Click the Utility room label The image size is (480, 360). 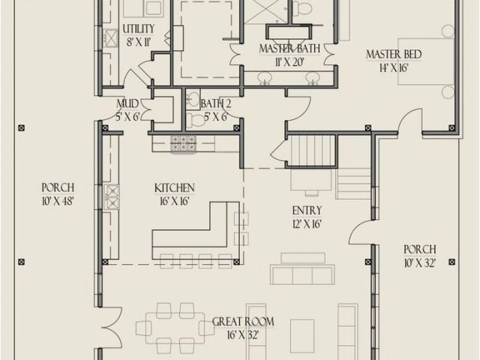[x=139, y=29]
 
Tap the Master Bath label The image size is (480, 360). [x=289, y=49]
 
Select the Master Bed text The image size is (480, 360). [x=394, y=55]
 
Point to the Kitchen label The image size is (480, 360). [x=175, y=188]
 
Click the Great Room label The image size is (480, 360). [x=243, y=322]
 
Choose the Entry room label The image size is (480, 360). [x=307, y=211]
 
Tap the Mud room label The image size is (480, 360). [x=127, y=104]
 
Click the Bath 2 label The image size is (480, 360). [x=216, y=104]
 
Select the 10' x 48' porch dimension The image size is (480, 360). [x=58, y=201]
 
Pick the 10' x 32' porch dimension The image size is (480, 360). [x=420, y=262]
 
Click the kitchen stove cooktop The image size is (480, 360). [x=183, y=144]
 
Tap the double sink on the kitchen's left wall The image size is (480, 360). [x=112, y=196]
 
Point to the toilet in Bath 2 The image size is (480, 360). [x=195, y=119]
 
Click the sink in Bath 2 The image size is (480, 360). [x=193, y=98]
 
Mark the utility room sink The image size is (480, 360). [x=111, y=38]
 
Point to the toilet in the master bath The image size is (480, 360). [x=301, y=7]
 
